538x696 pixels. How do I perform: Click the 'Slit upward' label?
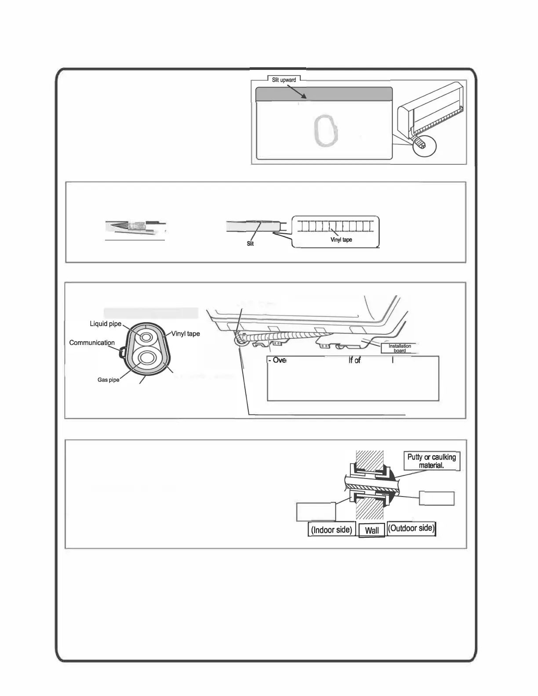point(284,80)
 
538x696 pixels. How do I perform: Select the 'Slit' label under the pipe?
point(250,243)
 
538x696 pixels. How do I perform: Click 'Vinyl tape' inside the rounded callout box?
point(341,239)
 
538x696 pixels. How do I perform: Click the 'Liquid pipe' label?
point(105,324)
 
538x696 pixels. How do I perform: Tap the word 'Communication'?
point(92,343)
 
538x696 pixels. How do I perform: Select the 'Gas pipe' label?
point(108,380)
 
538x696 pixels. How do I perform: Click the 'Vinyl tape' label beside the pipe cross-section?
point(185,333)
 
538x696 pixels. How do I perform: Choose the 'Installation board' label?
point(400,348)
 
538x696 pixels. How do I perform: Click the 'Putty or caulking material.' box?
point(431,461)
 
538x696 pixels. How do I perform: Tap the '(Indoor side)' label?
point(331,529)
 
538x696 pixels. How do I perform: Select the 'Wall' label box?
point(372,530)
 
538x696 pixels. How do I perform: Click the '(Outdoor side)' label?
point(411,528)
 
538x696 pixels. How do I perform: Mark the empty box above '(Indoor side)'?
point(316,512)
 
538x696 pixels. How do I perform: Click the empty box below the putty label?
point(436,498)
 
